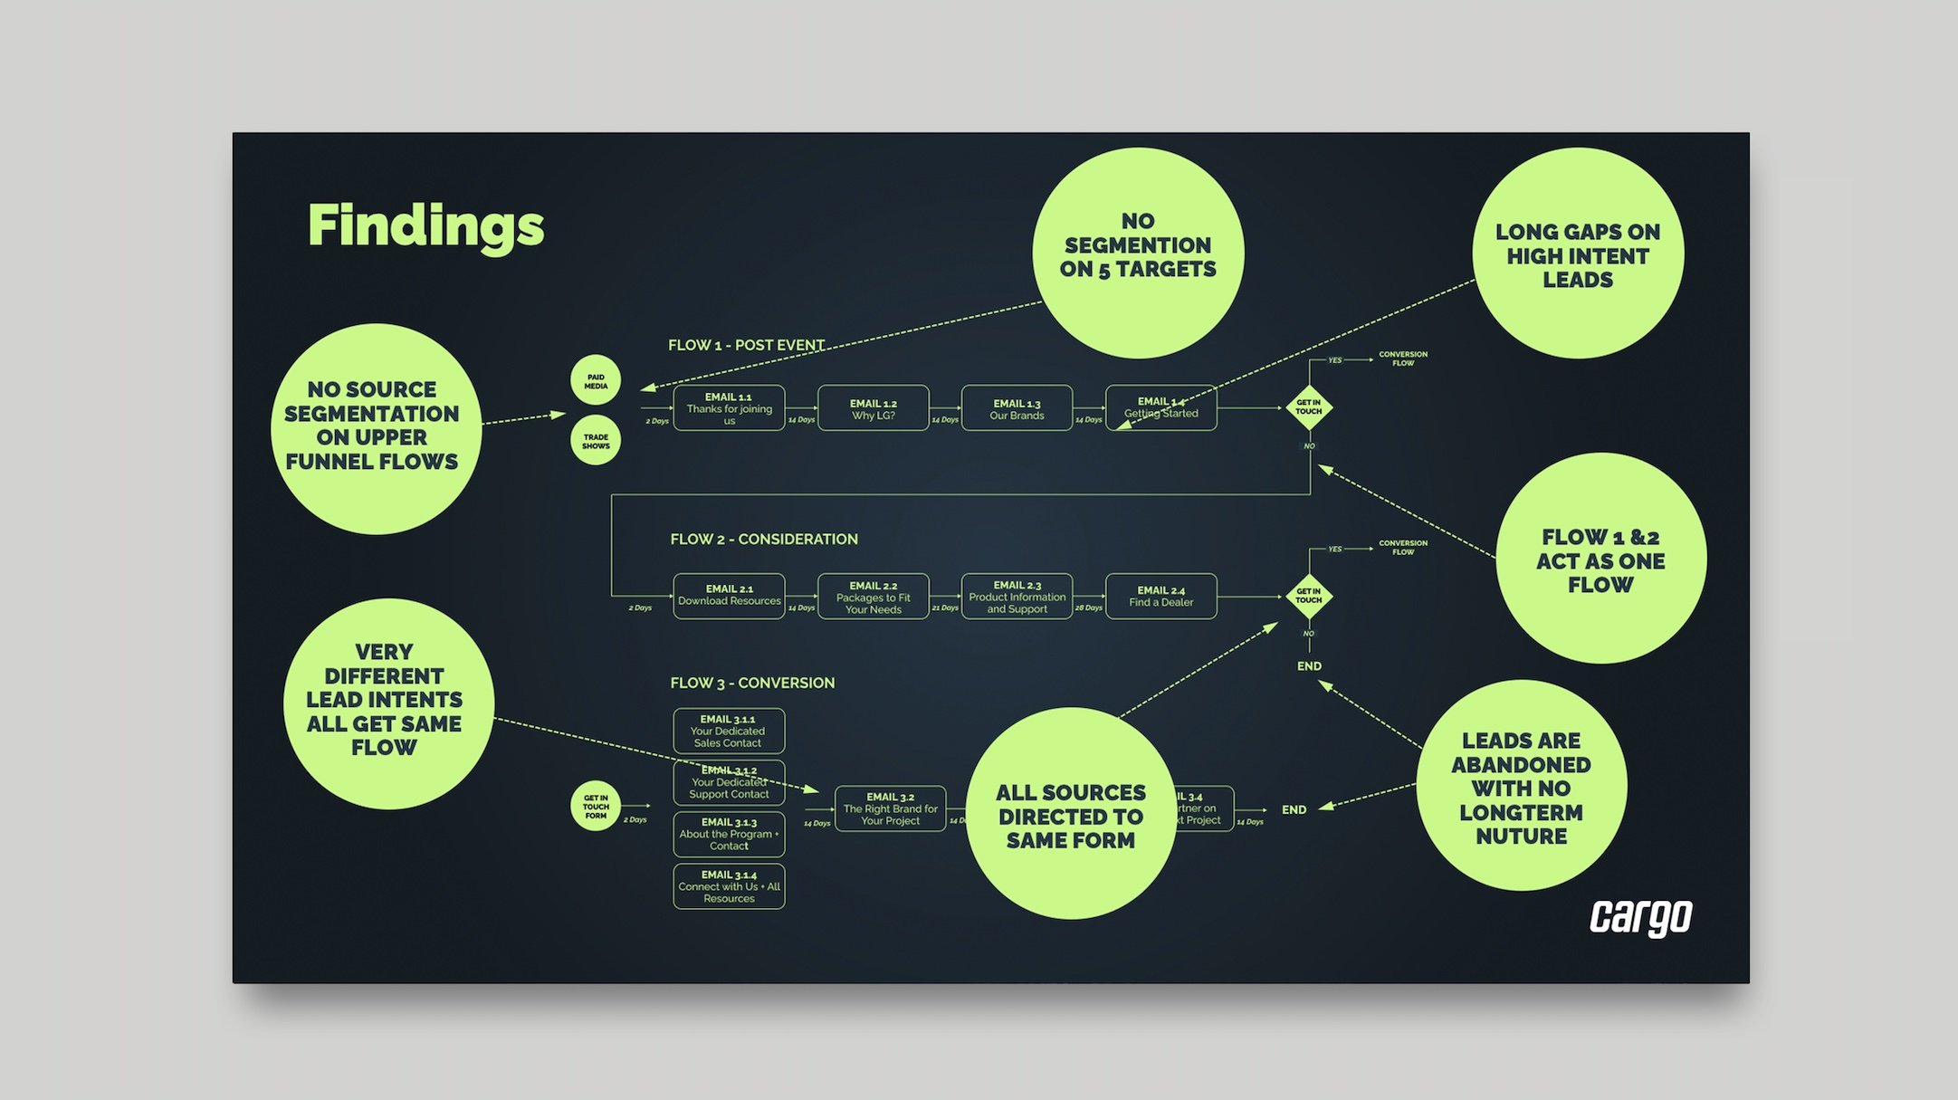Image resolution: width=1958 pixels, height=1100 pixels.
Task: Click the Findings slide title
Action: pyautogui.click(x=425, y=225)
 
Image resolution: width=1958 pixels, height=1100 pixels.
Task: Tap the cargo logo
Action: pyautogui.click(x=1640, y=917)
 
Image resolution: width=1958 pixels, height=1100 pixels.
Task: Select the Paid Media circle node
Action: pyautogui.click(x=596, y=381)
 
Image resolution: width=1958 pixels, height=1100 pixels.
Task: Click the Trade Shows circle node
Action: pyautogui.click(x=596, y=441)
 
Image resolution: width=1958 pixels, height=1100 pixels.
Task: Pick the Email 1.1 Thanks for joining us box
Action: pyautogui.click(x=729, y=408)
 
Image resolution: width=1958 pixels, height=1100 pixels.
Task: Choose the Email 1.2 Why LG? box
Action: pyautogui.click(x=873, y=408)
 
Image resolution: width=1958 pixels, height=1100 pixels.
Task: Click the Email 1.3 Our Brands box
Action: pyautogui.click(x=1017, y=408)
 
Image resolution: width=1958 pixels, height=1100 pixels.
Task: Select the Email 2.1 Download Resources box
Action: pyautogui.click(x=729, y=596)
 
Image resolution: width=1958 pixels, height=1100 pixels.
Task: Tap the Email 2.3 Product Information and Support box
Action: pyautogui.click(x=1017, y=596)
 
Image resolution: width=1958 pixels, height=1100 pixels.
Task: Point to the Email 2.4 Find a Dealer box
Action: pyautogui.click(x=1160, y=596)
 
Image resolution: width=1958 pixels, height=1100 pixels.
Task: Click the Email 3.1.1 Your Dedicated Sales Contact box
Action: pyautogui.click(x=729, y=731)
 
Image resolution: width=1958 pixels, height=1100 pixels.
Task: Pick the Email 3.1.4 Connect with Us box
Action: pyautogui.click(x=729, y=886)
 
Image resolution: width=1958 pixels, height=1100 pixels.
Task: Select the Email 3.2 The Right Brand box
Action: pyautogui.click(x=890, y=808)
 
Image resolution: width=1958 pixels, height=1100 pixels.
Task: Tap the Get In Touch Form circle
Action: pyautogui.click(x=596, y=806)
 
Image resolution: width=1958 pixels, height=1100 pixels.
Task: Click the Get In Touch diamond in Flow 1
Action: pyautogui.click(x=1309, y=407)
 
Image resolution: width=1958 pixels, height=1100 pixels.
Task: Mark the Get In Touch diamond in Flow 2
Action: pyautogui.click(x=1309, y=596)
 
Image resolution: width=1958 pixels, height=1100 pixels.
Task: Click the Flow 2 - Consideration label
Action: pyautogui.click(x=764, y=539)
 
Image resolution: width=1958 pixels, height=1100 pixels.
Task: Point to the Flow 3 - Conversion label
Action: pyautogui.click(x=752, y=683)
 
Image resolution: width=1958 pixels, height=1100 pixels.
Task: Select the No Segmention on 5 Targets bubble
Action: pyautogui.click(x=1138, y=253)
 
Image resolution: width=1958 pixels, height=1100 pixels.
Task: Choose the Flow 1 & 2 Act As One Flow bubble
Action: pyautogui.click(x=1600, y=559)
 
